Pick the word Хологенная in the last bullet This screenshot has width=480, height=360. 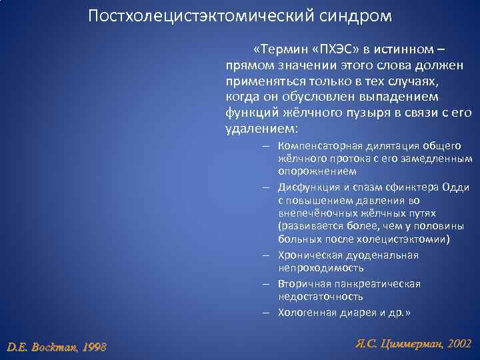coord(304,312)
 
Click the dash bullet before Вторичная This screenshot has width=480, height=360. coord(265,284)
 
